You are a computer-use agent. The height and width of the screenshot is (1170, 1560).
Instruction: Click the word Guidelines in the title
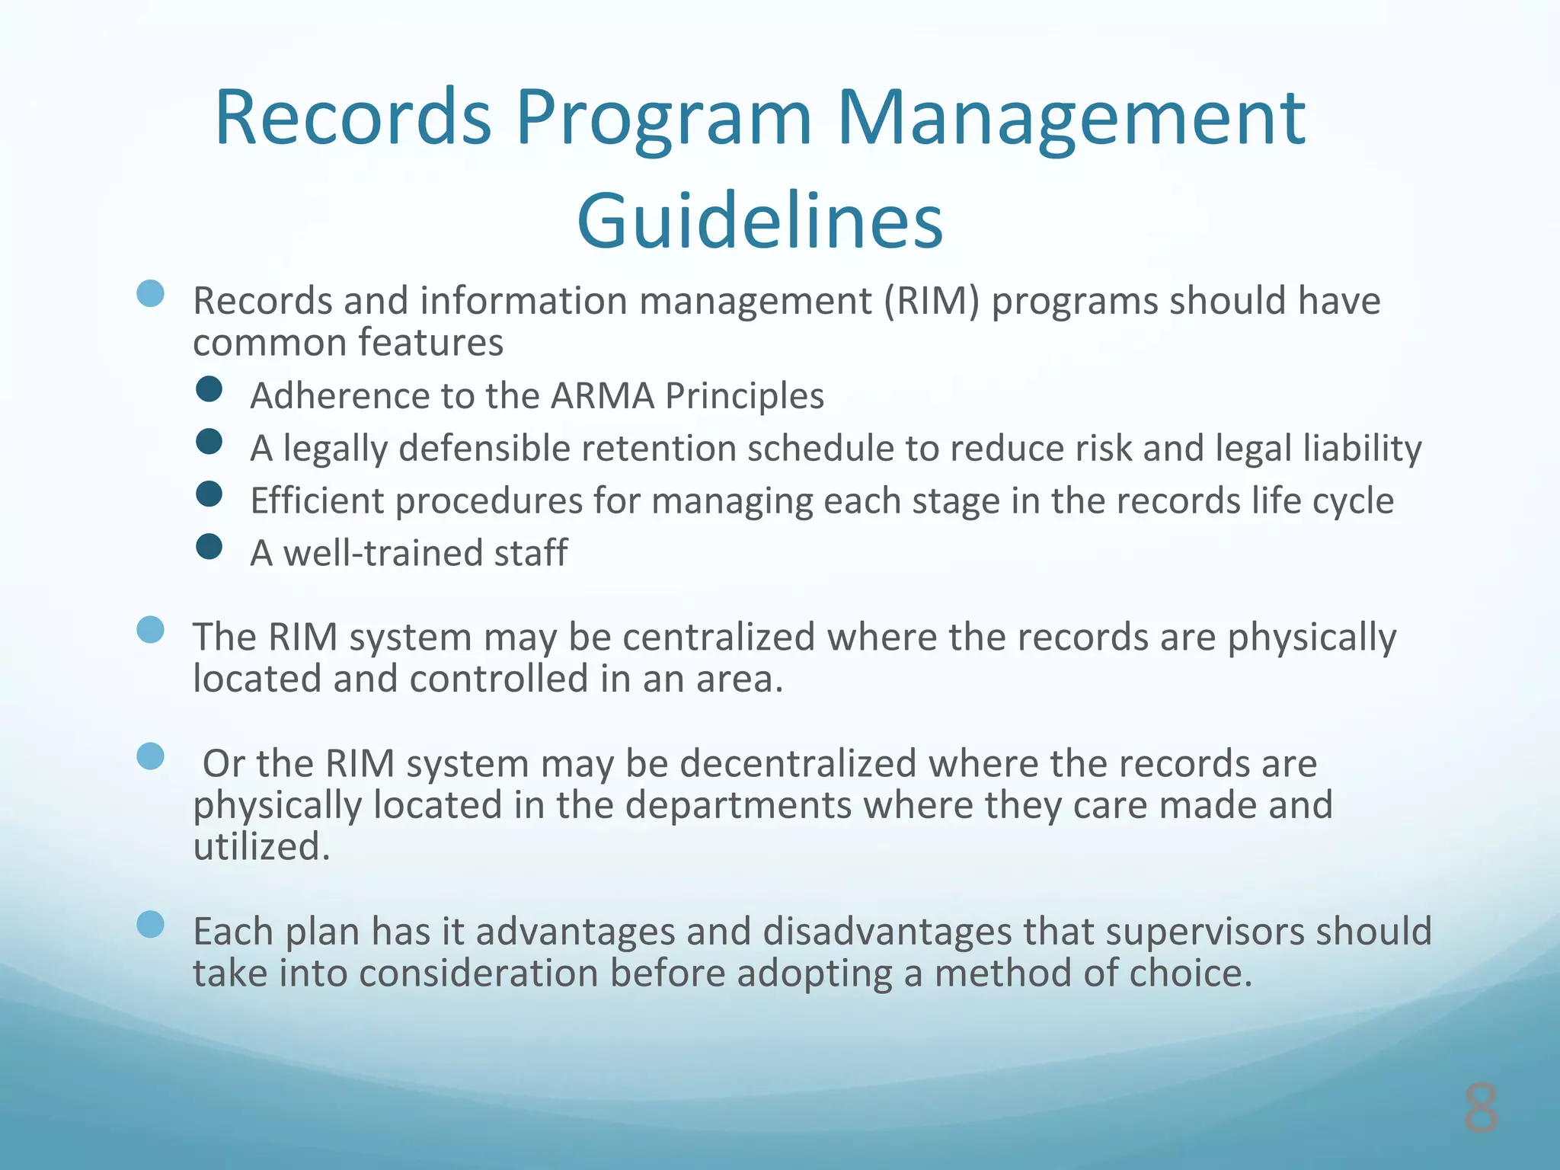click(x=760, y=221)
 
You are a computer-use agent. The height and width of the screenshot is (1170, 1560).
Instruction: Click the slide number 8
click(x=1480, y=1108)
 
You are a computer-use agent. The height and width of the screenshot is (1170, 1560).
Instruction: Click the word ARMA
click(x=602, y=396)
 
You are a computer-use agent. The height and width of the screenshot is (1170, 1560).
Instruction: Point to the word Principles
click(x=744, y=396)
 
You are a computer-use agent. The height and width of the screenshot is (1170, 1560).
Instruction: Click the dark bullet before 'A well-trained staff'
click(x=209, y=547)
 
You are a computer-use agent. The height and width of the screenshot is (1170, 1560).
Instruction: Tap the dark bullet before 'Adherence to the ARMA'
click(x=209, y=389)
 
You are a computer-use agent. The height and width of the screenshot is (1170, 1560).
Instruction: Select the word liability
click(x=1362, y=448)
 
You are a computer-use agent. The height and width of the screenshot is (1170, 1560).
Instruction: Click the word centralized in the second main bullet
click(x=718, y=637)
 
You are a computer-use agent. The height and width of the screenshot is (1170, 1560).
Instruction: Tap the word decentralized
click(x=798, y=763)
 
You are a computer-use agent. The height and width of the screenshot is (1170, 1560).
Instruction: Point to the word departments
click(x=738, y=805)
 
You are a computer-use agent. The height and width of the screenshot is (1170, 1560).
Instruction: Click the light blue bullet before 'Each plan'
click(x=151, y=925)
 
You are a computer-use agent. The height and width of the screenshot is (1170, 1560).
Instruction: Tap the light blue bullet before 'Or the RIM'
click(x=151, y=756)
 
